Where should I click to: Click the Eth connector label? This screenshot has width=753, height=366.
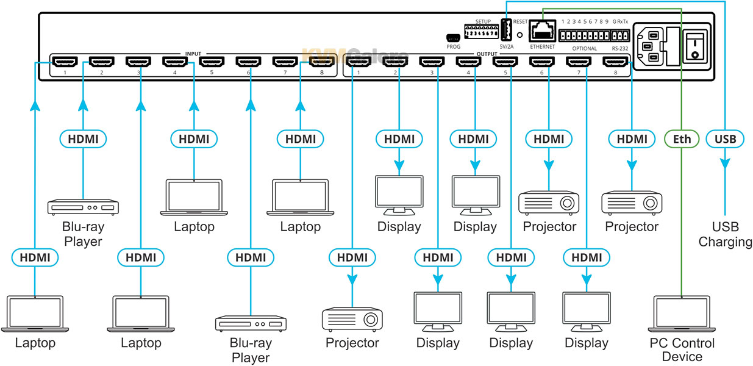tap(682, 139)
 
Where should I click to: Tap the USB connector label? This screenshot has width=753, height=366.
tap(725, 139)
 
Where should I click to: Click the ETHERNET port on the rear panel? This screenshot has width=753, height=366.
tap(541, 30)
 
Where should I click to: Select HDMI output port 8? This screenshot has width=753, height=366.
tap(615, 62)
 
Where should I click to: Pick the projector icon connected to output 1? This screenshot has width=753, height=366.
tap(352, 319)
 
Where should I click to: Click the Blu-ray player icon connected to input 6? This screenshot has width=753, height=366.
tap(250, 324)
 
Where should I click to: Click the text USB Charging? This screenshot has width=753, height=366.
tap(725, 234)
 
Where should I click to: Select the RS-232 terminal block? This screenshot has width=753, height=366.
tap(619, 35)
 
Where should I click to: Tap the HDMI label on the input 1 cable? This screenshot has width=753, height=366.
tap(35, 258)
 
